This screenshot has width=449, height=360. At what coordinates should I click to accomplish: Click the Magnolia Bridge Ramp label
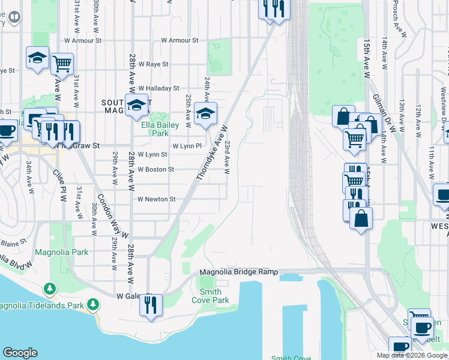coord(238,273)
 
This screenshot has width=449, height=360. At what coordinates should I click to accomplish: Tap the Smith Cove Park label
coord(210,296)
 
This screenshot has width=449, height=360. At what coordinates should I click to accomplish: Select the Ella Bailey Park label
coord(155,129)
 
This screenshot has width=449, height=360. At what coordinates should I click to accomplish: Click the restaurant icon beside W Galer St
coord(151,305)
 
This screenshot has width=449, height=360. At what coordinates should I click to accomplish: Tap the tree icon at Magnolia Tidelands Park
coord(92,305)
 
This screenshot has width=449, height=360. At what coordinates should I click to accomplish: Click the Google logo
coord(20,353)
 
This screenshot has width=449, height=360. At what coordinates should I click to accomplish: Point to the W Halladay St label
coord(158,88)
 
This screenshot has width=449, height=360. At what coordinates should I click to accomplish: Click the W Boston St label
coord(155,170)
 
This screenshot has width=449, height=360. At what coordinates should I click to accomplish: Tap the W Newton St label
coord(156,199)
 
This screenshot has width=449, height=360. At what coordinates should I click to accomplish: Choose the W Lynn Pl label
coord(187,146)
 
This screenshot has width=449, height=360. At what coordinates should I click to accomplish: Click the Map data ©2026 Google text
coord(411,355)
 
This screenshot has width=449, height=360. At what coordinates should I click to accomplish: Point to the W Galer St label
coord(127,296)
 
